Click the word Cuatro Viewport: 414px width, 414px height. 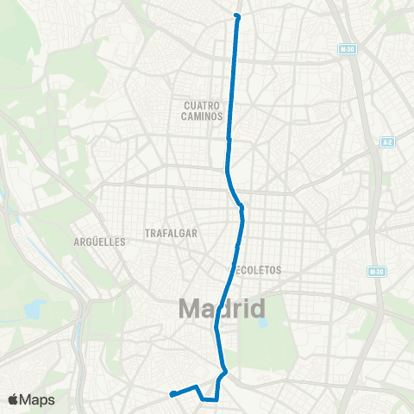point(203,105)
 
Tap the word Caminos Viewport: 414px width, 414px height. point(203,116)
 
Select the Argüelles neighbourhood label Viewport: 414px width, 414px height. point(100,241)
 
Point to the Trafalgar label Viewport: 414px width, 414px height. point(172,233)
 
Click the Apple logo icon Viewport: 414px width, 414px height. point(13,398)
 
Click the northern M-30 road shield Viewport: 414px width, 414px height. point(347,48)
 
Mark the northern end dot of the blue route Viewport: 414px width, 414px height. point(237,16)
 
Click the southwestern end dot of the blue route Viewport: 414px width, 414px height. point(173,394)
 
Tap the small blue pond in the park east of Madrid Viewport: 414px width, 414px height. point(263,325)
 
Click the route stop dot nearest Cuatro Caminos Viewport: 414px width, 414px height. point(229,138)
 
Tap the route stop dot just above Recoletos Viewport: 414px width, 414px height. point(237,247)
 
